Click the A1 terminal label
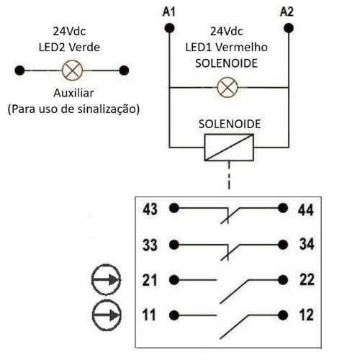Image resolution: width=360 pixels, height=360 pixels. point(169,12)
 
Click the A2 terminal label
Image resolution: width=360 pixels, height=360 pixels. point(287,12)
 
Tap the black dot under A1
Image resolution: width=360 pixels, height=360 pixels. point(169,28)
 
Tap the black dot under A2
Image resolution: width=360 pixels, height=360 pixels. point(289,28)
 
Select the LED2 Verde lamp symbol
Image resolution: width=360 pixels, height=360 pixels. point(72,71)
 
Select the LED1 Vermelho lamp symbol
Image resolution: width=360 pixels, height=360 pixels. point(228,87)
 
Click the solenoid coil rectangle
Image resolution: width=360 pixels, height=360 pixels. point(229,148)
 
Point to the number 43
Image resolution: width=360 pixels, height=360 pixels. point(150,210)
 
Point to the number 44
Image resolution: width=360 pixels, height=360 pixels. point(305,210)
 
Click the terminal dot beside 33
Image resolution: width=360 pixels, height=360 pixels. point(174,245)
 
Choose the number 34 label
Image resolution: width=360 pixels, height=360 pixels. point(307,244)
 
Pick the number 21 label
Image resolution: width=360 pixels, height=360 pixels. point(150,280)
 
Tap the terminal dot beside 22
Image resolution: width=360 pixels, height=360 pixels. point(283,279)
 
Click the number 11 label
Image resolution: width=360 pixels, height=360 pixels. point(149,315)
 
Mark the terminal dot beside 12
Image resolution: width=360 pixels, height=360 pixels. point(283,315)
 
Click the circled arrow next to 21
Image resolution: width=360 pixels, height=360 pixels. point(106,280)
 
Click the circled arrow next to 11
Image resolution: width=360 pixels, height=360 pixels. point(107,315)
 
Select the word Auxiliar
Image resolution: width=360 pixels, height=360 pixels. point(73,93)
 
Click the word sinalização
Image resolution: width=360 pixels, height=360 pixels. point(109,109)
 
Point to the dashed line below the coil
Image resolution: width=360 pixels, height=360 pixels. point(229,175)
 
